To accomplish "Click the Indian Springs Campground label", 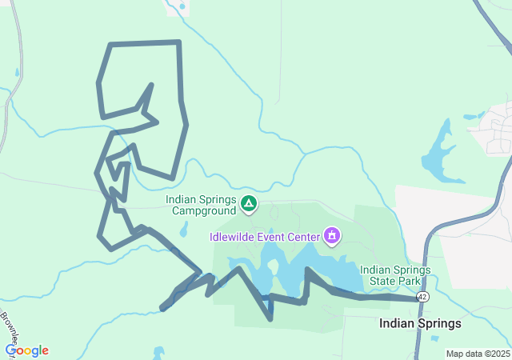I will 201,206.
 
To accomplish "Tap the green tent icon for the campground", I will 249,205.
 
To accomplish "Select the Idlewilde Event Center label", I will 265,237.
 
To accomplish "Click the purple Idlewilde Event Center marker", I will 331,236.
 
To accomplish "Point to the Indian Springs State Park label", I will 395,275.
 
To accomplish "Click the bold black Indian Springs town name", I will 420,324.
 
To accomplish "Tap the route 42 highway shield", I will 422,297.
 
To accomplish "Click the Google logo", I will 27,350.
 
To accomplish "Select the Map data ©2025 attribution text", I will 478,354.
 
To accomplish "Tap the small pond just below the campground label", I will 185,230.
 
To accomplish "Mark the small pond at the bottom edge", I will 158,354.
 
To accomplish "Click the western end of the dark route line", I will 163,307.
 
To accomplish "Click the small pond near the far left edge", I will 17,74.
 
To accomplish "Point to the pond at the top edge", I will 182,6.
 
